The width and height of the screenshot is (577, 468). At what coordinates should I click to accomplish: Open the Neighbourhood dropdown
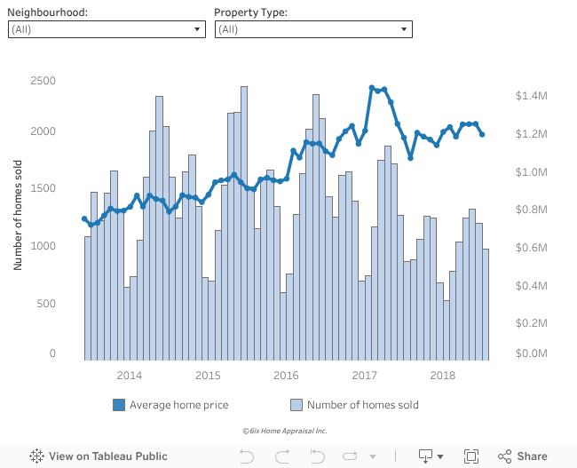point(106,29)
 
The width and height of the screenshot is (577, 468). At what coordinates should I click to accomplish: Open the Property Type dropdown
point(313,29)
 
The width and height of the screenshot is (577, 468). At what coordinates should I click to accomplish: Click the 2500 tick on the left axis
point(43,81)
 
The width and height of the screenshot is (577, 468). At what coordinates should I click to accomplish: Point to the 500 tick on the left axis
point(47,304)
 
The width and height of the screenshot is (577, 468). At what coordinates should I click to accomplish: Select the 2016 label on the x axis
point(285,376)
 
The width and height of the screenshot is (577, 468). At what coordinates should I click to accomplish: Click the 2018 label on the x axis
point(442,376)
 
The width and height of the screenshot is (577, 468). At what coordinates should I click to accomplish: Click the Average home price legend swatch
point(119,405)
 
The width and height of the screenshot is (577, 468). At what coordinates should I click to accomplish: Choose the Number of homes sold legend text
point(362,405)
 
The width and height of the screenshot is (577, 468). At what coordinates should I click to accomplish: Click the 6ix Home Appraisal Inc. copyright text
point(284,431)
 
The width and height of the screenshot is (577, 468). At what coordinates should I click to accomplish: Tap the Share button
point(523,456)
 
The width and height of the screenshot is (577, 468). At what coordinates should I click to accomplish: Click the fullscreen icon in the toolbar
point(471,456)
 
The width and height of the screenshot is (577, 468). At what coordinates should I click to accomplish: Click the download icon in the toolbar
point(426,456)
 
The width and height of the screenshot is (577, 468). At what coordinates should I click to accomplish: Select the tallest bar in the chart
point(244,223)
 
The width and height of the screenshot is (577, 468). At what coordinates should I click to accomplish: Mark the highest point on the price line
point(372,88)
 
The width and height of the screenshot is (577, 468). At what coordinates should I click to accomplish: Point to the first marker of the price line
point(84,218)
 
